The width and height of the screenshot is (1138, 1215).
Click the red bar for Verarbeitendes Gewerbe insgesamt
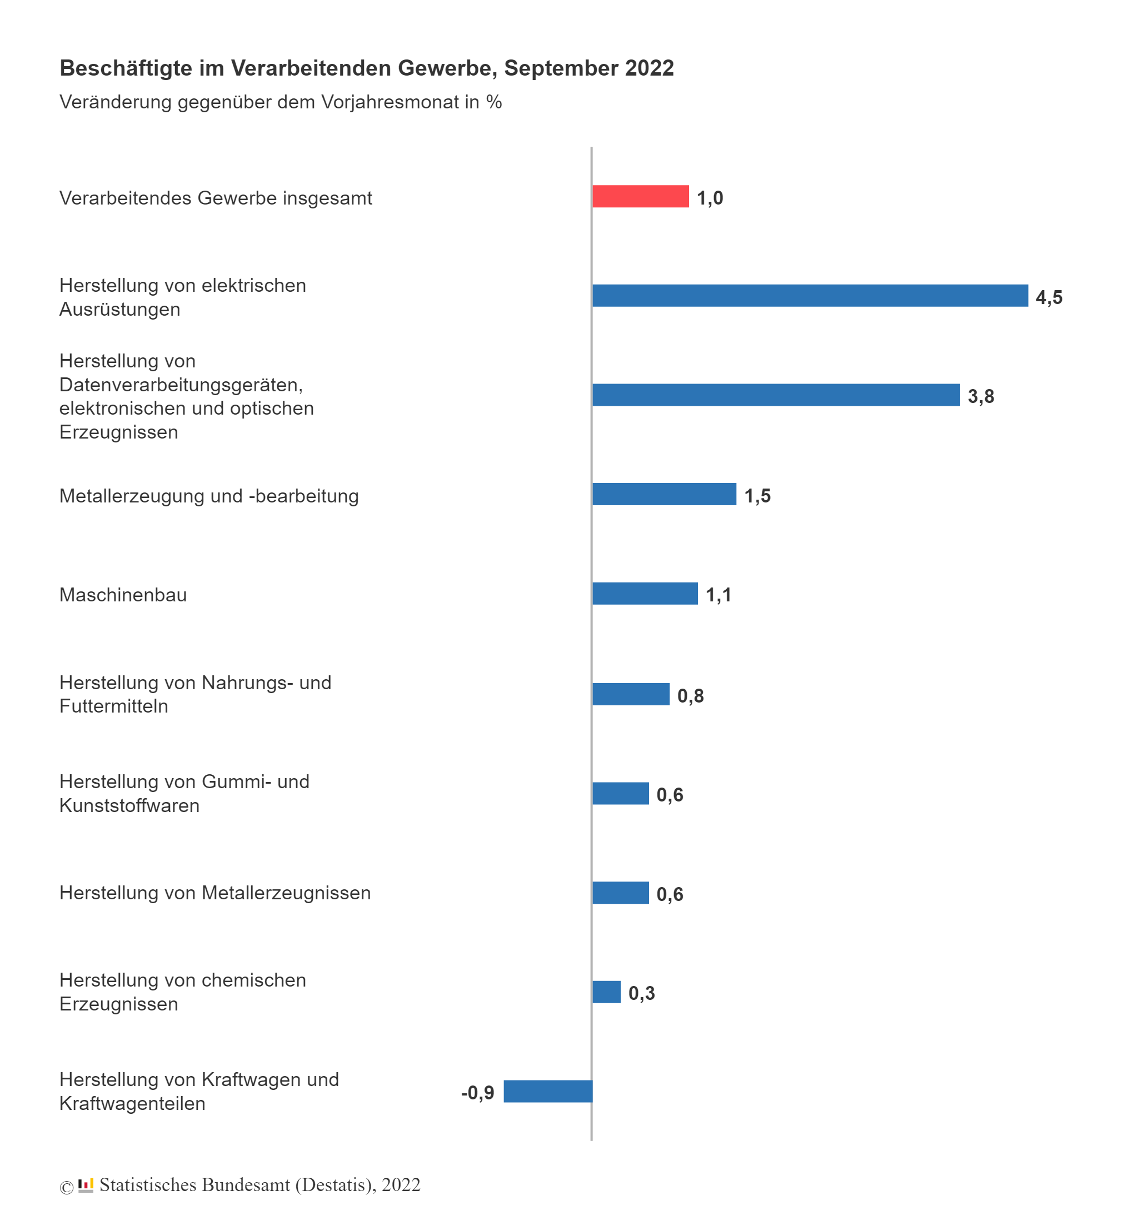pos(640,196)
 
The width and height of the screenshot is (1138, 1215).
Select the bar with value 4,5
pos(809,295)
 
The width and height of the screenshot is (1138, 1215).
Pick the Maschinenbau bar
pos(644,594)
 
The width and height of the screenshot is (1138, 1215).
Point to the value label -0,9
pos(477,1092)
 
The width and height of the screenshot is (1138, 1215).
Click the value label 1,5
pos(757,496)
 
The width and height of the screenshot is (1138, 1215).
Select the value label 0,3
pos(641,993)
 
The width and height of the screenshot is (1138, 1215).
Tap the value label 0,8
pos(690,695)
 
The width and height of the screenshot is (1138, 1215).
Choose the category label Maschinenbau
pos(123,595)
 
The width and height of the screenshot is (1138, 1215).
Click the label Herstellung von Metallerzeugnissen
pos(214,893)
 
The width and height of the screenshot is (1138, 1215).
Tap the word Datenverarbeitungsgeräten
pos(181,385)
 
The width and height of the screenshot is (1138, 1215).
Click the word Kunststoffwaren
pos(129,805)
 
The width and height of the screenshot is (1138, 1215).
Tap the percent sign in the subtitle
pos(494,102)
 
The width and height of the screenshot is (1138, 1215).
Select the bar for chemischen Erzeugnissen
pos(606,992)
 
